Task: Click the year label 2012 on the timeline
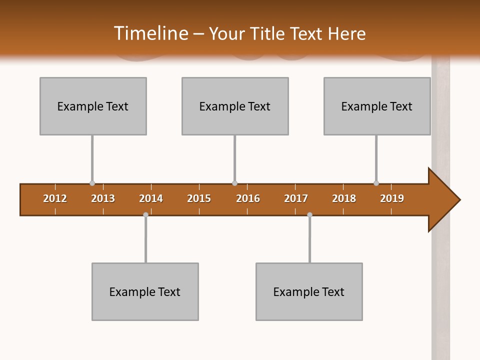pos(55,198)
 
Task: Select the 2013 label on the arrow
pos(103,198)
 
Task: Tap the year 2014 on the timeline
pos(151,198)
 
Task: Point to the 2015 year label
pos(199,198)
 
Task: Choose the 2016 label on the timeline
pos(248,198)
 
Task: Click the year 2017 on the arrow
pos(296,198)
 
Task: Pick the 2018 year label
pos(344,198)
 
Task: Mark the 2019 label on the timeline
pos(392,198)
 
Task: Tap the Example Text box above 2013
pos(93,106)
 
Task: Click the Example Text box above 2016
pos(235,106)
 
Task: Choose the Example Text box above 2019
pos(377,106)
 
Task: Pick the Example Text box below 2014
pos(145,291)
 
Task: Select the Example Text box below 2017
pos(309,291)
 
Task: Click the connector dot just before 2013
pos(92,183)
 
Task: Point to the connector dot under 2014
pos(145,214)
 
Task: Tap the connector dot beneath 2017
pos(309,214)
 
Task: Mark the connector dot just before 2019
pos(376,183)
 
